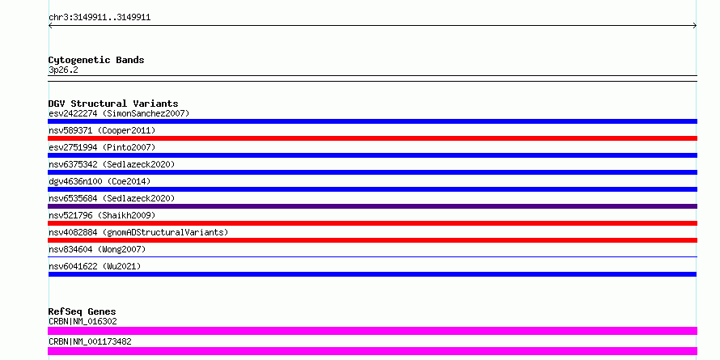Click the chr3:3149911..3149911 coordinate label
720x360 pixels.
tap(100, 18)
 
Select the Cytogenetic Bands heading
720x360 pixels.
tap(96, 60)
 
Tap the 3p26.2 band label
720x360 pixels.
tap(63, 70)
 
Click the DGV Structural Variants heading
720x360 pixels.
tap(113, 104)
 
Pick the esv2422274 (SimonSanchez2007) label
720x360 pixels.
tap(119, 113)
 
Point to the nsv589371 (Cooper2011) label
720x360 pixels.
tap(102, 130)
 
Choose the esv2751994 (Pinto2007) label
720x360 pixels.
tap(102, 147)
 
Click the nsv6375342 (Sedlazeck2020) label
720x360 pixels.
tap(112, 164)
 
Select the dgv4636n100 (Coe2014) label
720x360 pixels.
tap(100, 181)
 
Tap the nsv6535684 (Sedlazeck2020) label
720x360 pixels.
tap(112, 198)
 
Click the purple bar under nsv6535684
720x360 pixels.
tap(372, 206)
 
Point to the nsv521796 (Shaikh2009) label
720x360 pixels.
tap(102, 215)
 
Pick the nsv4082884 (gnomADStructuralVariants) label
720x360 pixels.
tap(138, 232)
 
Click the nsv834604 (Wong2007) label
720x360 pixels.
tap(97, 249)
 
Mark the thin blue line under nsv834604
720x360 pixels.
tap(372, 257)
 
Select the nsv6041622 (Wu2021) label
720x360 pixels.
tap(95, 266)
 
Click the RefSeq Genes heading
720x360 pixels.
tap(82, 311)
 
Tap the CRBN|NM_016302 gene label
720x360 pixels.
tap(83, 321)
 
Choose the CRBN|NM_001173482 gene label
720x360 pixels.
tap(90, 341)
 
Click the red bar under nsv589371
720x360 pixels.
tap(372, 138)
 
